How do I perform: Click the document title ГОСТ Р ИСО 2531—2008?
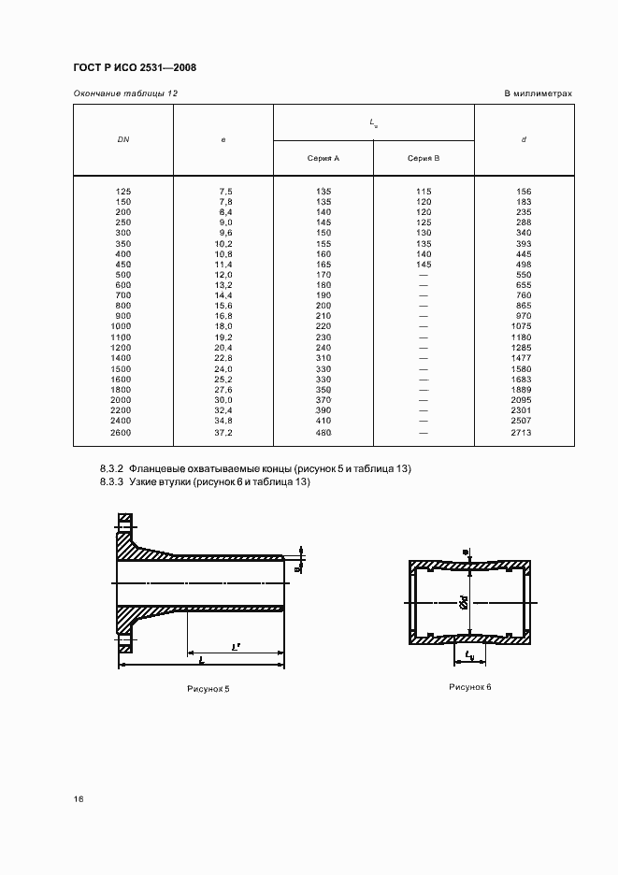pos(134,67)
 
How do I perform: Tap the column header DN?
pos(123,139)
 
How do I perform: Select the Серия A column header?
pos(323,159)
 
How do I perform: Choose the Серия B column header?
pos(424,159)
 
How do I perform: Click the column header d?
pos(524,139)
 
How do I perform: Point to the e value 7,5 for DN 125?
pos(224,192)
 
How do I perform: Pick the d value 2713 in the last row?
pos(524,434)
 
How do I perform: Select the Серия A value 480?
pos(323,434)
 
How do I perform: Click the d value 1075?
pos(524,326)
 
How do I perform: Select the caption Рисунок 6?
pos(469,687)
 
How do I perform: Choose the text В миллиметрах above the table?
pos(538,93)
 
